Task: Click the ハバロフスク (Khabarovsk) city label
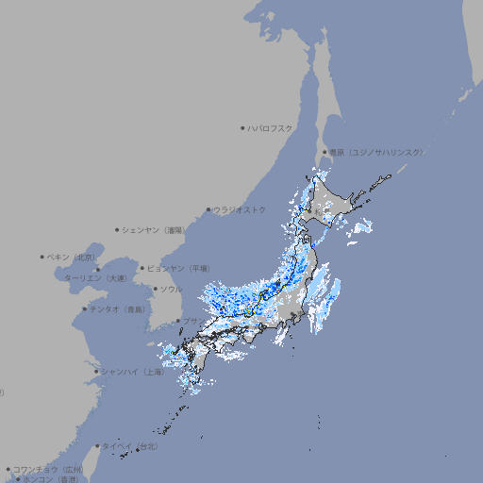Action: (271, 127)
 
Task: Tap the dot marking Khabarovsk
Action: (243, 127)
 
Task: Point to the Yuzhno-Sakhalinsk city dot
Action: (325, 152)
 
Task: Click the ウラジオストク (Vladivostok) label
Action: (241, 209)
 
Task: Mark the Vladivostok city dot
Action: (209, 209)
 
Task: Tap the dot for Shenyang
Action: (118, 229)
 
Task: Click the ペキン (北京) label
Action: (72, 257)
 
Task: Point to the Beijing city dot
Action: (42, 257)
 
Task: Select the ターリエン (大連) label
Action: (95, 278)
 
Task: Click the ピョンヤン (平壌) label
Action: (179, 268)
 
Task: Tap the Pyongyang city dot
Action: (143, 268)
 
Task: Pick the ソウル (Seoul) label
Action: (172, 289)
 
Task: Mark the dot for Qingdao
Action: (85, 309)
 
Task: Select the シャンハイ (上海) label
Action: (133, 372)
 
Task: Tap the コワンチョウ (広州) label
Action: (48, 469)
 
